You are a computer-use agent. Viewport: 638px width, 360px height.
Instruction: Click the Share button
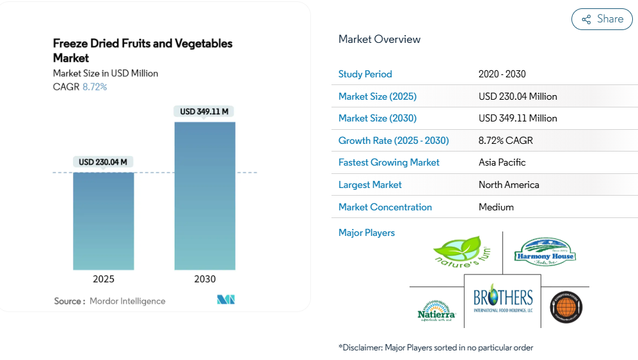[602, 19]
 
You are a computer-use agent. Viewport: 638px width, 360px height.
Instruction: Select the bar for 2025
[104, 221]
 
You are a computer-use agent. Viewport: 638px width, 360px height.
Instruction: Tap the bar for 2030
[205, 195]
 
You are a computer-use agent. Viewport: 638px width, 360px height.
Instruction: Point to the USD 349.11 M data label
[205, 111]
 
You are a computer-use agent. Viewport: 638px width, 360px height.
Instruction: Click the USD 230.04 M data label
[104, 162]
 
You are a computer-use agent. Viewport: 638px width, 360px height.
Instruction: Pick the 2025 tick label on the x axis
[104, 279]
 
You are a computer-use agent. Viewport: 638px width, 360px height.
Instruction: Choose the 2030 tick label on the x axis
[205, 279]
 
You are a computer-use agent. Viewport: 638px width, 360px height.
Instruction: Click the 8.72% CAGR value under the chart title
[95, 86]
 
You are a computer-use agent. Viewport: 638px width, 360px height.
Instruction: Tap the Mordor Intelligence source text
[127, 301]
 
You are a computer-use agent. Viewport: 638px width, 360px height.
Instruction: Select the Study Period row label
[365, 74]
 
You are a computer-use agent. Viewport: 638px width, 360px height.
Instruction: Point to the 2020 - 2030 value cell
[502, 74]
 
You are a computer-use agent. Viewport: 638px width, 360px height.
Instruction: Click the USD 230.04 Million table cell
[518, 96]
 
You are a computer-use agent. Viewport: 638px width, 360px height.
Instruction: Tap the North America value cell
[509, 185]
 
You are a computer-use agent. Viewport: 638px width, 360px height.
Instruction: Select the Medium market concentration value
[496, 207]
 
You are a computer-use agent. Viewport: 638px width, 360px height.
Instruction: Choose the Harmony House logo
[545, 251]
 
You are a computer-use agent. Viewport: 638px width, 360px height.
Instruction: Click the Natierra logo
[436, 309]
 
